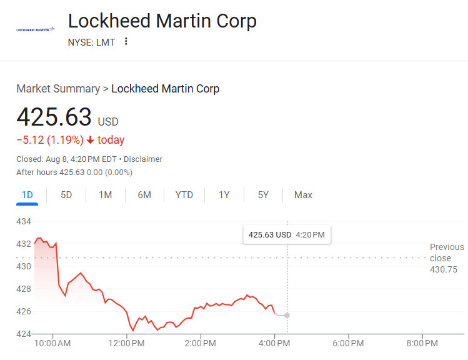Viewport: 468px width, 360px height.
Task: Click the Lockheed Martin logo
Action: click(x=35, y=29)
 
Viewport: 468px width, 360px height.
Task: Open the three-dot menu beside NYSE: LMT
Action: click(x=126, y=42)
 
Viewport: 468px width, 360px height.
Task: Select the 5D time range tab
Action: click(x=66, y=195)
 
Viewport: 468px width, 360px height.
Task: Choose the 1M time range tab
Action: click(x=105, y=195)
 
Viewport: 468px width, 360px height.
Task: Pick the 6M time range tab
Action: click(x=144, y=195)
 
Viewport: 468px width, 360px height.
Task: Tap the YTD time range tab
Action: click(x=184, y=195)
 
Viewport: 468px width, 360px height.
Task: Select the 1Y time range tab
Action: click(x=224, y=195)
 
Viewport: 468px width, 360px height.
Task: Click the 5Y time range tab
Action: click(x=263, y=195)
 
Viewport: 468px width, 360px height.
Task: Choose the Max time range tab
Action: click(x=303, y=195)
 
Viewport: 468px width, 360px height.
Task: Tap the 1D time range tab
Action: click(x=27, y=195)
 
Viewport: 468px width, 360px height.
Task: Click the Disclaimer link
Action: click(x=143, y=159)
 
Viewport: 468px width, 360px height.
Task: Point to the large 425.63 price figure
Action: click(x=54, y=117)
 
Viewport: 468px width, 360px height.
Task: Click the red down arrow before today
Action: click(x=91, y=140)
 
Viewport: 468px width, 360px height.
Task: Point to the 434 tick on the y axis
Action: click(x=24, y=221)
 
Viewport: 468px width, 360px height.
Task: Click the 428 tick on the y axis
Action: click(x=24, y=289)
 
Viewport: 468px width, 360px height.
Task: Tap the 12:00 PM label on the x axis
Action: click(x=127, y=343)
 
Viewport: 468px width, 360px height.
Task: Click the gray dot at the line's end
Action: click(x=287, y=315)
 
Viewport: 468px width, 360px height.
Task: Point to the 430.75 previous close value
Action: click(x=443, y=269)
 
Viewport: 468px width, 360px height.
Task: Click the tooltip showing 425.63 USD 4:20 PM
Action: click(x=287, y=235)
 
